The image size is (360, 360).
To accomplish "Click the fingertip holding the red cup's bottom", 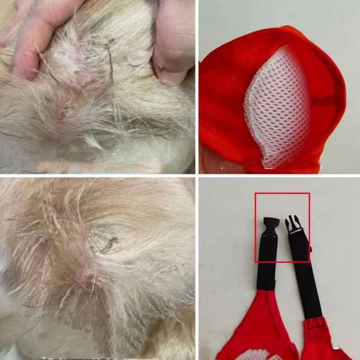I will pos(210,162).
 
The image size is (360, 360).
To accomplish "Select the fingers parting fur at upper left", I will pos(30,36).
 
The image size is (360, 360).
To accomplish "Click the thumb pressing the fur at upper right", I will pos(174,48).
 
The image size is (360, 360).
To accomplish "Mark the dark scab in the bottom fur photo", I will pos(103,243).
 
